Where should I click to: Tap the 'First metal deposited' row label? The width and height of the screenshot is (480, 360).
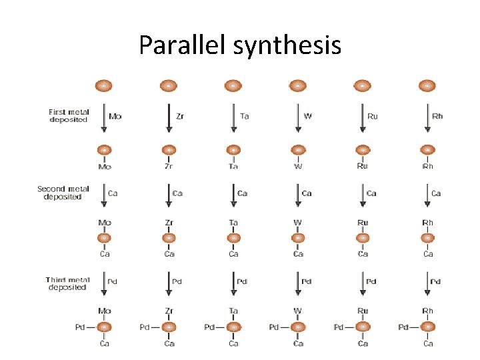[68, 115]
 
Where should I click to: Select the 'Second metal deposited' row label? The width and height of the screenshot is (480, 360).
[63, 193]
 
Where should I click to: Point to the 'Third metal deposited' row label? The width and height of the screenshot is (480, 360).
[66, 283]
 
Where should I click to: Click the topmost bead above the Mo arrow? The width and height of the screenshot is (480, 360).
[104, 86]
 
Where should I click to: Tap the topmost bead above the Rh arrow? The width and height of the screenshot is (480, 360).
[427, 86]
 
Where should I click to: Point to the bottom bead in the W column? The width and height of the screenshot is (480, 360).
[298, 327]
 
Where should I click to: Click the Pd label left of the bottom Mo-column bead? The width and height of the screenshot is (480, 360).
[81, 327]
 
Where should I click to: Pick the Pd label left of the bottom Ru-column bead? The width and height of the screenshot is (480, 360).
[339, 327]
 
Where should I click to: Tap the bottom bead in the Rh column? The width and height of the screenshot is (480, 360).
[427, 327]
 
